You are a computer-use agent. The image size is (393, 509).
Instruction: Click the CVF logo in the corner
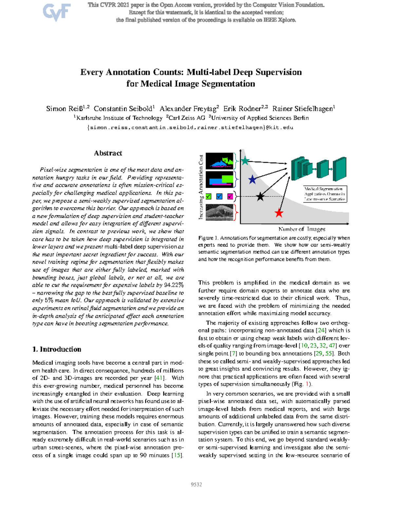(56, 12)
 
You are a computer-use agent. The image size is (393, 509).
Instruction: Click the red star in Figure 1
(279, 213)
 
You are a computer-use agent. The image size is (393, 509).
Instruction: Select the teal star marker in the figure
(245, 161)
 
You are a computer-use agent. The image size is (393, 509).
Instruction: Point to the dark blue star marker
(252, 180)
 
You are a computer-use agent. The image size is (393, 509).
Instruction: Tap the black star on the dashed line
(260, 197)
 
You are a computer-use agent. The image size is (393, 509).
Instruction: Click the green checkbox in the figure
(209, 197)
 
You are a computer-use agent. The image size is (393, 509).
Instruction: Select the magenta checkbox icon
(230, 197)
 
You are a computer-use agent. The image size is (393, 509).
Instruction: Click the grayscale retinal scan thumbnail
(219, 212)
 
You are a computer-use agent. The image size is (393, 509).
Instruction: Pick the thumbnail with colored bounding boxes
(219, 179)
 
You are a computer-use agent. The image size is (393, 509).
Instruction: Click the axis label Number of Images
(302, 229)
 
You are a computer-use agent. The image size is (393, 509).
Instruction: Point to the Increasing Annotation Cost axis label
(201, 187)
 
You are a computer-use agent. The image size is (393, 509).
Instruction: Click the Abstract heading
(108, 153)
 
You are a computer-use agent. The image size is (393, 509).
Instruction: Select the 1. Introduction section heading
(57, 349)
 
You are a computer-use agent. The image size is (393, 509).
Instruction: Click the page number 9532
(196, 484)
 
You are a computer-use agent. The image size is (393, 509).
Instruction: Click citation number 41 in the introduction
(159, 378)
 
